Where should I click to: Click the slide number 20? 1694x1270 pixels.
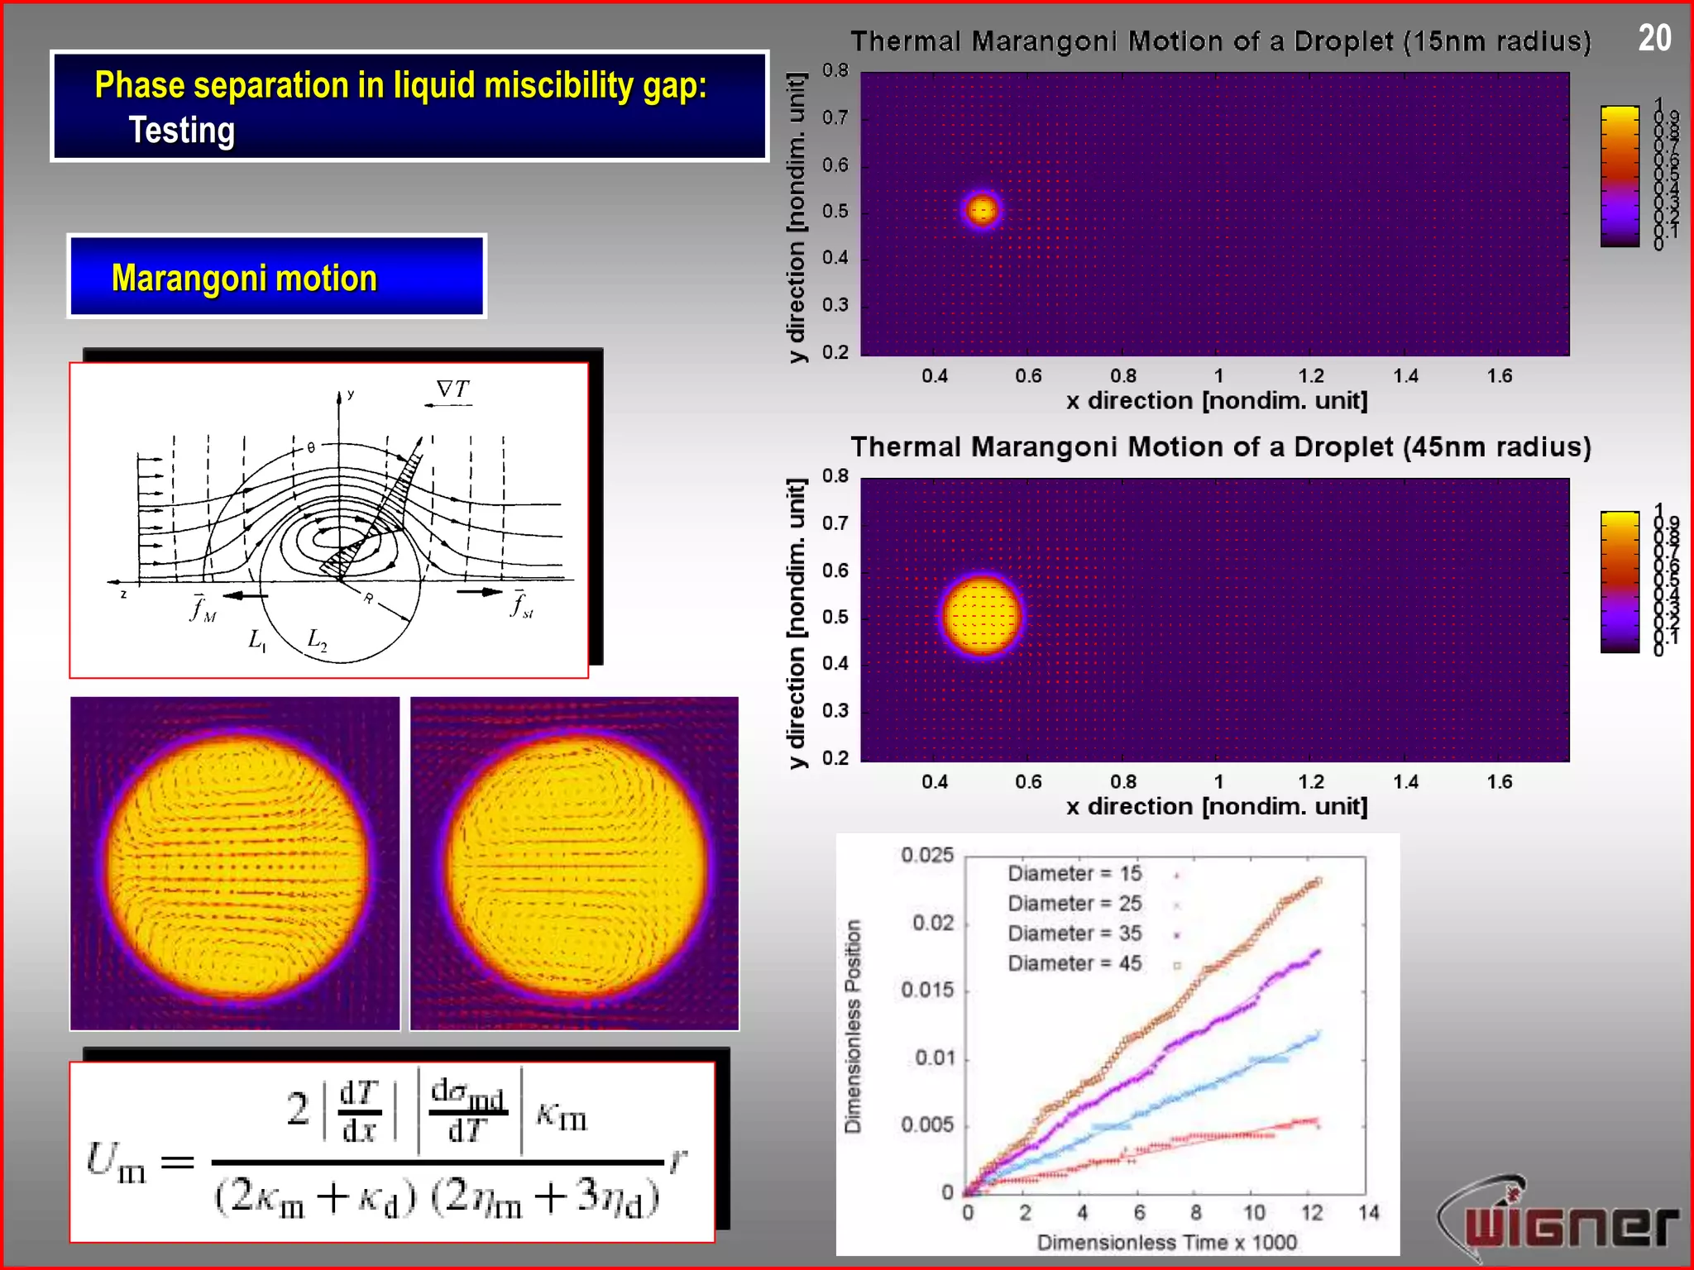(x=1654, y=38)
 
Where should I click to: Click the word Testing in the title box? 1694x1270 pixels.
(x=182, y=131)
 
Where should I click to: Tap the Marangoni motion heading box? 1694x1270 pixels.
(x=276, y=277)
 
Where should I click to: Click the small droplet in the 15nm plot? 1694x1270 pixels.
(x=982, y=209)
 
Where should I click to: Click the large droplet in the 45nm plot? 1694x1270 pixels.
(x=982, y=616)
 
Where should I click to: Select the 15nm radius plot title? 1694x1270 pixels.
(x=1220, y=41)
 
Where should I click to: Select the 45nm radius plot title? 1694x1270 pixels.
(x=1220, y=447)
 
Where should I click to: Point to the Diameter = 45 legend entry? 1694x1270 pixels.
(x=1074, y=963)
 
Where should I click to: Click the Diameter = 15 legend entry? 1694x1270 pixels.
(x=1074, y=874)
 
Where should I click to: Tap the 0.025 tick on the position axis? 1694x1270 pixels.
(x=927, y=855)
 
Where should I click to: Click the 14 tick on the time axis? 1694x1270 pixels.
(x=1369, y=1213)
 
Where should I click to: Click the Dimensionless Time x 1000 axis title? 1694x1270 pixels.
(x=1166, y=1243)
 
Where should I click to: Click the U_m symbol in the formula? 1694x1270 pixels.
(x=116, y=1162)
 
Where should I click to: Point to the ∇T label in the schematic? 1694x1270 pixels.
(x=452, y=389)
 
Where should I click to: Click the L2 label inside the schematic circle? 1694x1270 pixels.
(x=317, y=639)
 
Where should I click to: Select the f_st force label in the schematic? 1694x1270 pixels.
(x=521, y=605)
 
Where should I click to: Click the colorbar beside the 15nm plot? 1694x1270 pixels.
(x=1620, y=176)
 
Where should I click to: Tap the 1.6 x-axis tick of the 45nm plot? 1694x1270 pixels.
(x=1499, y=782)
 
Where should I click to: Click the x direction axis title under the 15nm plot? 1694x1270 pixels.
(x=1216, y=401)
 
